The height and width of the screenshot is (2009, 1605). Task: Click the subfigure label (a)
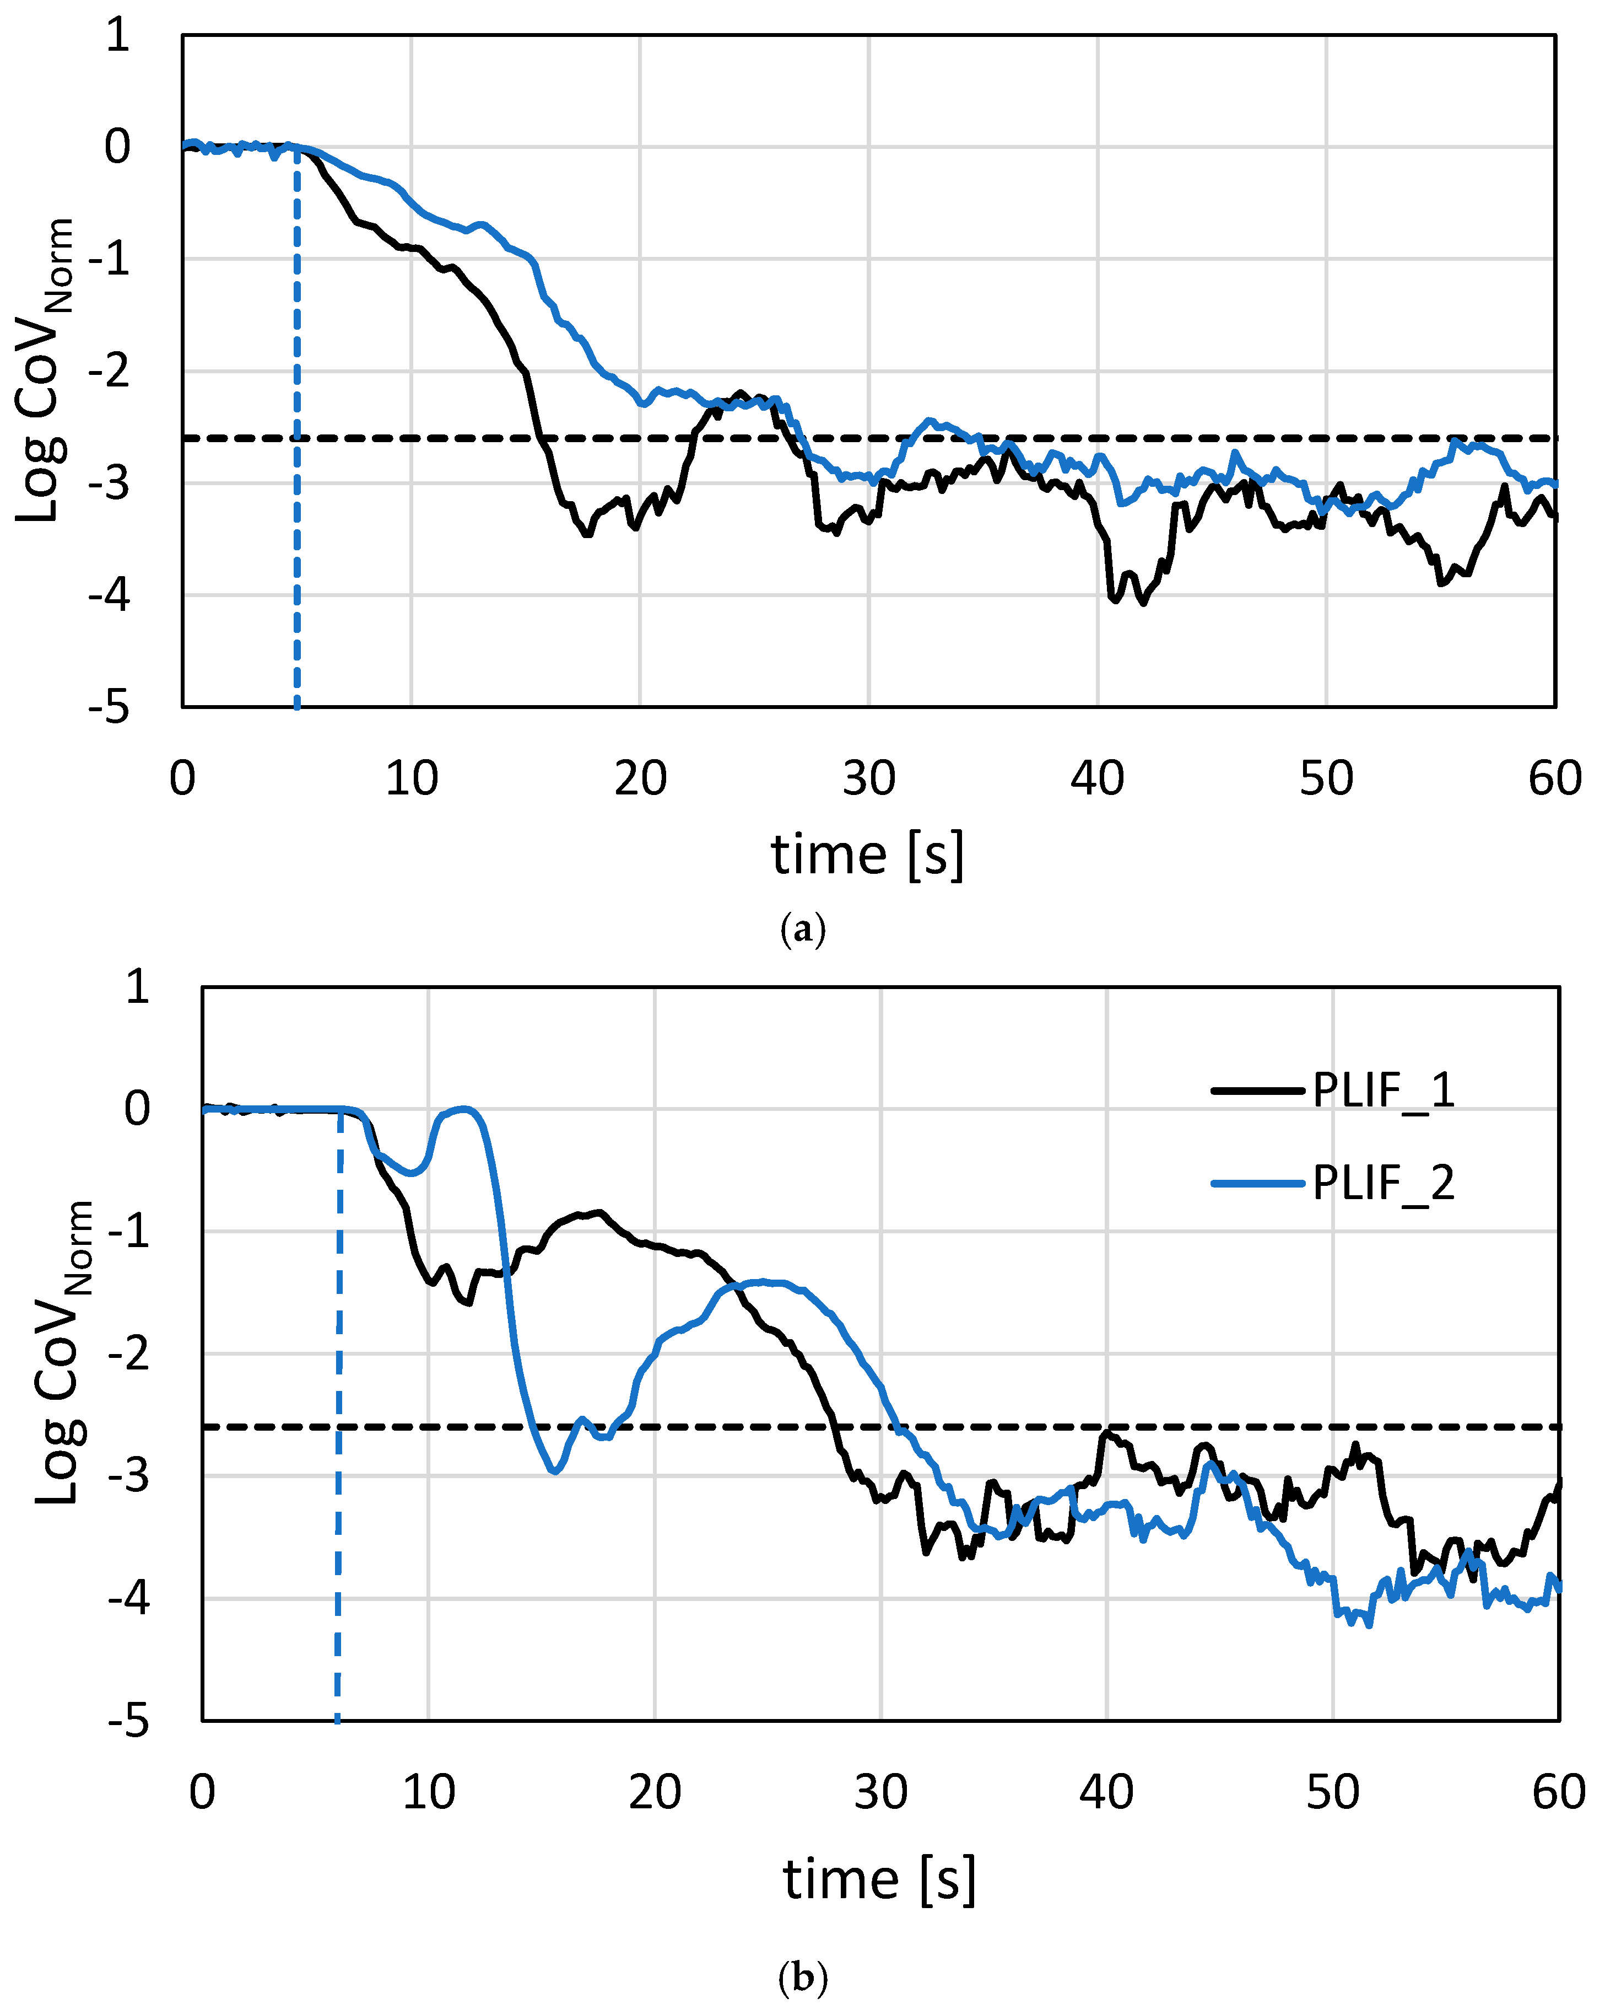tap(802, 930)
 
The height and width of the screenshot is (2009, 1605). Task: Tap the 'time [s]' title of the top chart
tap(867, 855)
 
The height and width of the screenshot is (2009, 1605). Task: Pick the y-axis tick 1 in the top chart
tap(117, 35)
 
